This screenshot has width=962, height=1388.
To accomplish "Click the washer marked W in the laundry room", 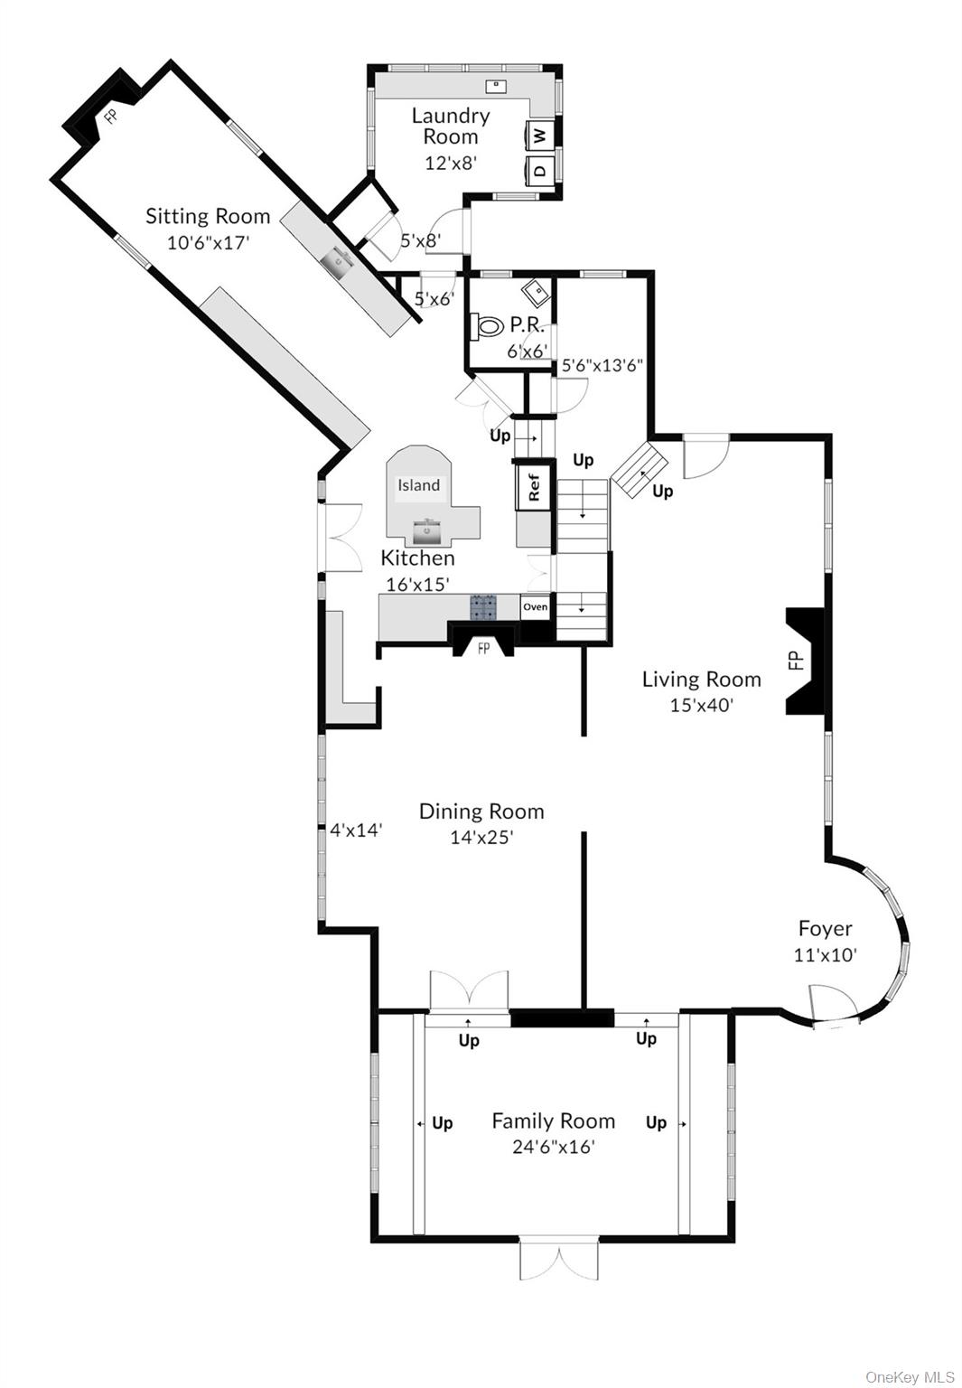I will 540,136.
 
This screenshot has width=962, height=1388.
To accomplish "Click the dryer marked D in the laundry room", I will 540,169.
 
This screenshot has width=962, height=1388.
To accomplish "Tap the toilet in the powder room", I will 488,326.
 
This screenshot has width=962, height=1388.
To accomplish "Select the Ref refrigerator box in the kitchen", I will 533,487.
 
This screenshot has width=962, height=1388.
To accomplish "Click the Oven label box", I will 535,606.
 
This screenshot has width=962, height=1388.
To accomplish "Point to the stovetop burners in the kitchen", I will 483,606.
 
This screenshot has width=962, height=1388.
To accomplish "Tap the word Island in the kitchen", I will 419,485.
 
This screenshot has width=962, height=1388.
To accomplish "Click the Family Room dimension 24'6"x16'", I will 553,1148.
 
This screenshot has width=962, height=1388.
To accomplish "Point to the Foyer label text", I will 825,928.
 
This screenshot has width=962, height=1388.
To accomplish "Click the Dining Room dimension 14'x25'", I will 481,838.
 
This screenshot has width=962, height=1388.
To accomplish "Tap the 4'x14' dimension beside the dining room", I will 356,830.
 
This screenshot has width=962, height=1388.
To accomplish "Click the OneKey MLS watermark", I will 910,1376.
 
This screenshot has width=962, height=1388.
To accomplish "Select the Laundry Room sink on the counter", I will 495,86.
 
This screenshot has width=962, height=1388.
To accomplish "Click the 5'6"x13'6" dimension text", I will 602,366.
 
